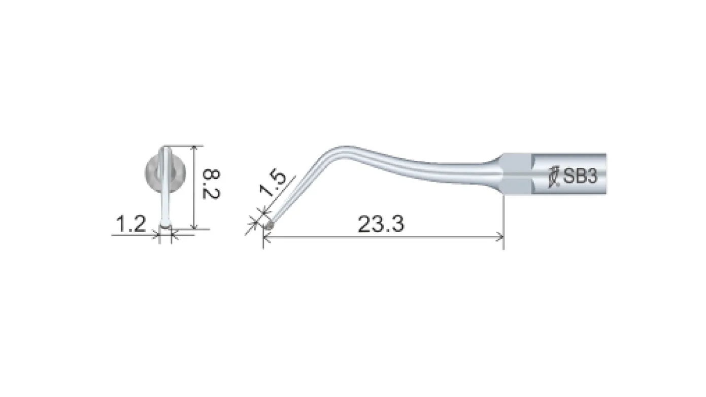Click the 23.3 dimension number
[x=381, y=224]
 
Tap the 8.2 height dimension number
[x=211, y=184]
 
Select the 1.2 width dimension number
[x=131, y=224]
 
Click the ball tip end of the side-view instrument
[x=270, y=226]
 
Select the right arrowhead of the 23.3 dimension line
[x=500, y=236]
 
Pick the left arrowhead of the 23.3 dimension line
[x=266, y=237]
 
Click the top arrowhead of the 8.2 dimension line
[x=194, y=149]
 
